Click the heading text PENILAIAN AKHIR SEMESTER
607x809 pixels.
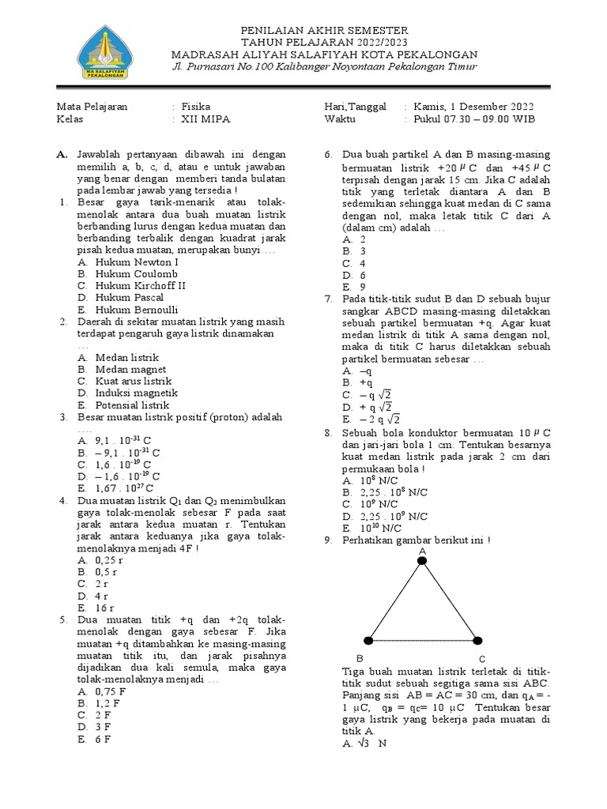point(325,30)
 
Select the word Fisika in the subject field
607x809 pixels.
point(195,106)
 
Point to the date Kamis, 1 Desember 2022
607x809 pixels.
point(473,106)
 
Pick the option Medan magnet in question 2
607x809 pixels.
point(130,369)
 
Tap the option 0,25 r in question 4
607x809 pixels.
point(109,559)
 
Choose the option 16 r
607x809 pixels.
point(106,608)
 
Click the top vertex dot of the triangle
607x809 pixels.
point(422,561)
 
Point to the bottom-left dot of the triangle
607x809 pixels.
point(368,640)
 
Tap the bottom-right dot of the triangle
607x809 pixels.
point(477,640)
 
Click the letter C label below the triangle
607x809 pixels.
point(481,658)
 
